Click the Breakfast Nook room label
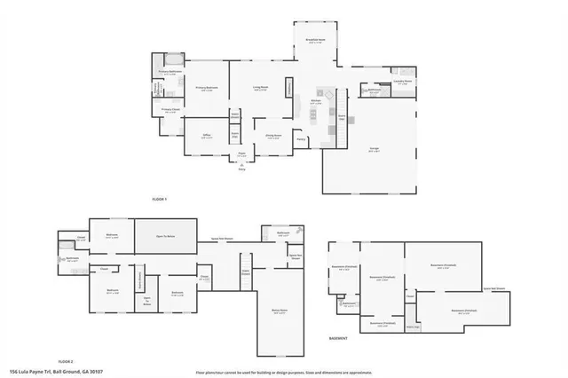(x=316, y=39)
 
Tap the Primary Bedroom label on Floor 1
(x=208, y=88)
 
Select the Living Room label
(x=259, y=88)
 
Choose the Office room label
(x=206, y=136)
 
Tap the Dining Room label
(x=274, y=137)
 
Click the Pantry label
(x=302, y=139)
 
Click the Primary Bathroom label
(x=169, y=73)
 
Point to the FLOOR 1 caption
(x=160, y=201)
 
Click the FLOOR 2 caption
(x=65, y=362)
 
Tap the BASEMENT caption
(x=337, y=338)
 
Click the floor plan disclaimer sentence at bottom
(x=284, y=371)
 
